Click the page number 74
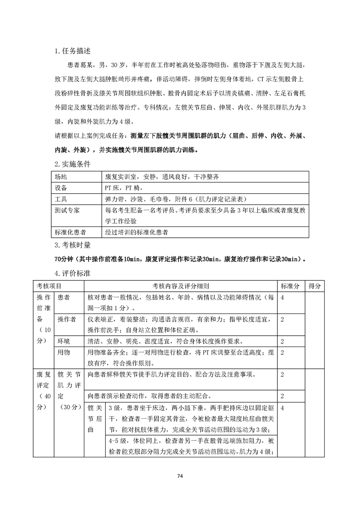click(x=180, y=476)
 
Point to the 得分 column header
click(x=315, y=286)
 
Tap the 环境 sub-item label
click(x=64, y=341)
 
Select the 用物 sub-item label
click(x=64, y=352)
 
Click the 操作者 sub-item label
click(x=67, y=319)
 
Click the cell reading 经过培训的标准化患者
click(x=137, y=232)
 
